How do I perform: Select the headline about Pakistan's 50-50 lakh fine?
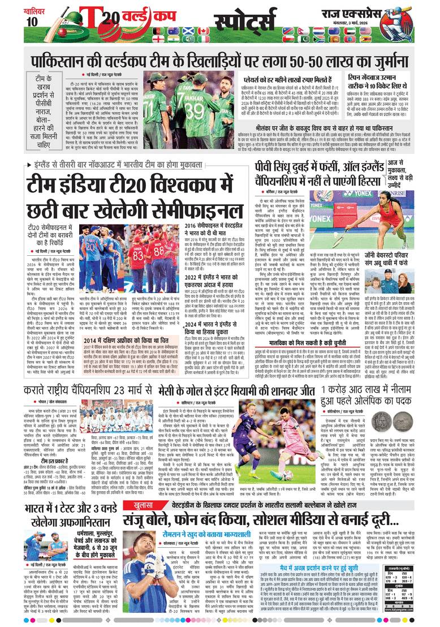tap(219, 59)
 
